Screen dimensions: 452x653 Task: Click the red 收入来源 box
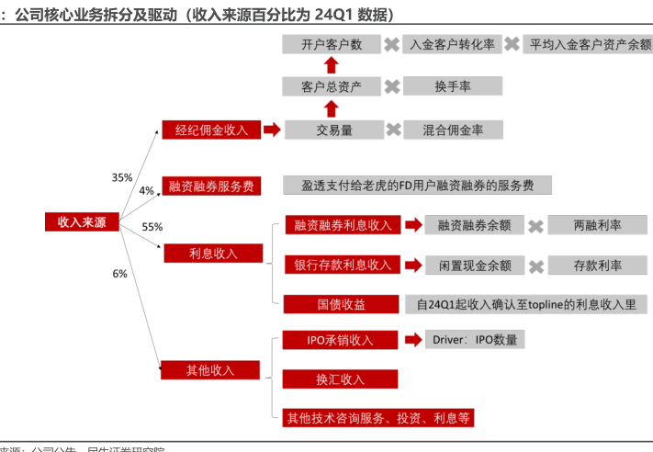click(x=82, y=222)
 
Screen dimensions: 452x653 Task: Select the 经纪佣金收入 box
click(x=211, y=130)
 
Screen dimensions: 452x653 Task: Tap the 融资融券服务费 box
click(x=211, y=186)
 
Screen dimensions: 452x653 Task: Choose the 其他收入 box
click(x=210, y=370)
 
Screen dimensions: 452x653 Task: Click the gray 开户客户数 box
click(x=332, y=44)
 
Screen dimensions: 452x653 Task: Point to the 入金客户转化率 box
click(x=452, y=44)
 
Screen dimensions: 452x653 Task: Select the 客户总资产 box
click(x=332, y=87)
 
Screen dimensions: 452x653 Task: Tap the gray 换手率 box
click(x=452, y=86)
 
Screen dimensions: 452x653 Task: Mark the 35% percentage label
click(x=122, y=177)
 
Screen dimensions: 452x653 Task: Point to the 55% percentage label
click(x=152, y=227)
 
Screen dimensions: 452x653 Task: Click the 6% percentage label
click(x=119, y=274)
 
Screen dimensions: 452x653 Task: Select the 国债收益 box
click(x=341, y=304)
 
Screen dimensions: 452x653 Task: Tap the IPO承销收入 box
click(x=340, y=340)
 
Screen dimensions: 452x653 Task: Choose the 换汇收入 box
click(x=340, y=379)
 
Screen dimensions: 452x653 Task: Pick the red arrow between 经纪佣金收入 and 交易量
click(x=271, y=130)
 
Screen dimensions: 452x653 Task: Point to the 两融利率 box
click(x=597, y=225)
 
